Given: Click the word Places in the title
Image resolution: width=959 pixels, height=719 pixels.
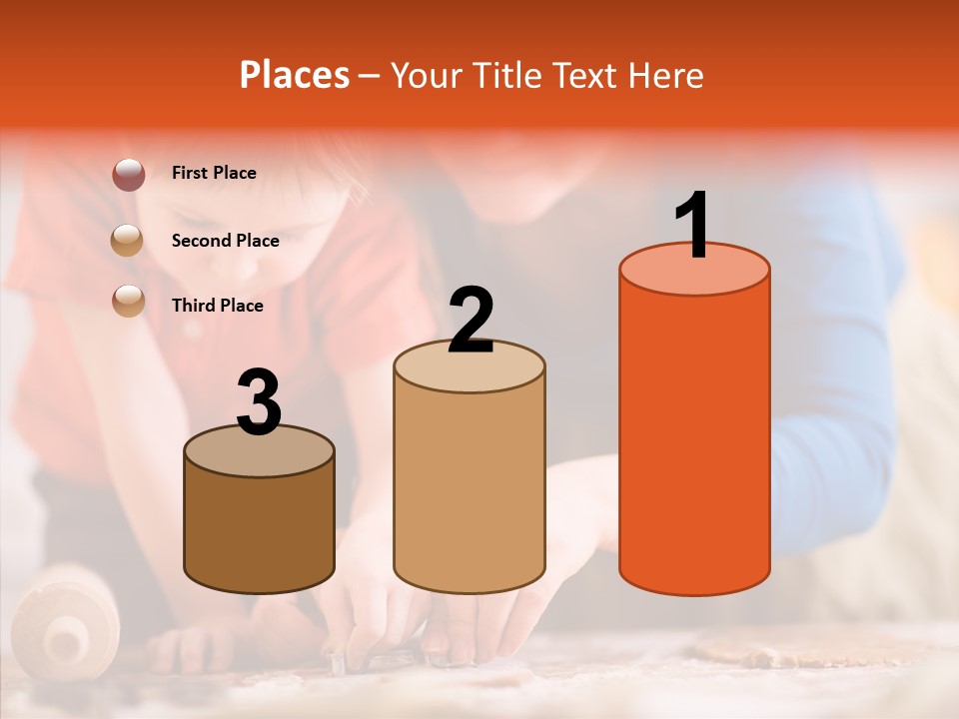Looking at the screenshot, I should click(295, 75).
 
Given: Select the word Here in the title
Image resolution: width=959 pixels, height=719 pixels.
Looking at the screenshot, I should click(667, 75).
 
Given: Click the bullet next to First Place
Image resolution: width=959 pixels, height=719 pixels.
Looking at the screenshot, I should click(128, 174).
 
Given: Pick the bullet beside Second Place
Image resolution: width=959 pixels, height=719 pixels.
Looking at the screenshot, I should click(128, 241).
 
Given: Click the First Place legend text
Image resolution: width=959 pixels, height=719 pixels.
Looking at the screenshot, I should click(214, 173).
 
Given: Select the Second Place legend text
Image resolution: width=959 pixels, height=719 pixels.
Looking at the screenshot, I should click(225, 241).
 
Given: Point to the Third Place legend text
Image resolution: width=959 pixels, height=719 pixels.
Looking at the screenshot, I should click(218, 306).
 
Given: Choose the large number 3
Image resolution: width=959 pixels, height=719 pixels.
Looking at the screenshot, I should click(260, 402).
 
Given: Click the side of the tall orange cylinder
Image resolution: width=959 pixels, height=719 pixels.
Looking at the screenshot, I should click(694, 439).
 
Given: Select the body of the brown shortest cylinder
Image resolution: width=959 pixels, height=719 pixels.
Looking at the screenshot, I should click(260, 529).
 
